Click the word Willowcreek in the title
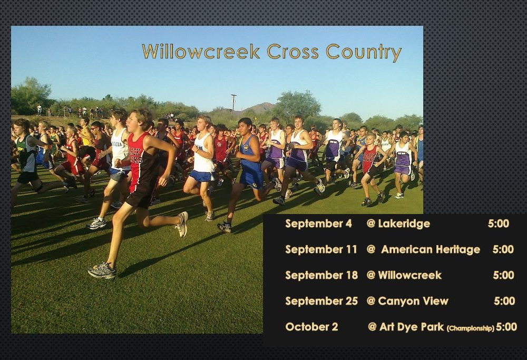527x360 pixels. click(201, 52)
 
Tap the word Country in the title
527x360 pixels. click(364, 52)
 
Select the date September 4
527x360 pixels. click(318, 223)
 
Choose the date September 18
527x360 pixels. click(321, 275)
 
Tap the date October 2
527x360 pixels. click(311, 327)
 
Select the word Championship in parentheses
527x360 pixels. click(471, 328)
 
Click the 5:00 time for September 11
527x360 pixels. click(503, 249)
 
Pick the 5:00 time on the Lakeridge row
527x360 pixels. click(499, 223)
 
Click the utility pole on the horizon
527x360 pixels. click(233, 103)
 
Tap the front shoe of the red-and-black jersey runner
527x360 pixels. click(102, 271)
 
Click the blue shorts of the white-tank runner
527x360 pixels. click(201, 176)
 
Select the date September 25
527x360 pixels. click(321, 301)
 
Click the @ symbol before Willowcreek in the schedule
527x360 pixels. click(370, 275)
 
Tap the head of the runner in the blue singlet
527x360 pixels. click(246, 125)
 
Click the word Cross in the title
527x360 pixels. click(292, 52)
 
